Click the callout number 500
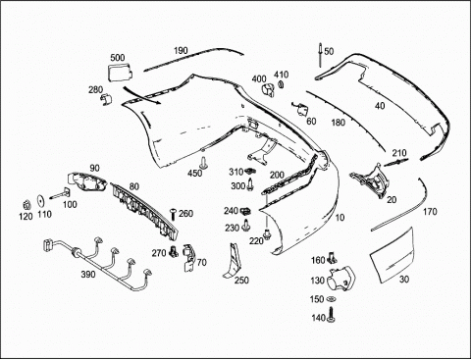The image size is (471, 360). pos(118,58)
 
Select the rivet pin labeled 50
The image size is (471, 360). pos(321,56)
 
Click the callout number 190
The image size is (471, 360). pos(181,51)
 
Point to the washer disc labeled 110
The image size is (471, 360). pos(41,201)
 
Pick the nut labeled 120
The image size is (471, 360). pos(26,205)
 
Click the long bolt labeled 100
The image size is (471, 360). pos(61,194)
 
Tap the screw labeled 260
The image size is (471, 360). pos(174,214)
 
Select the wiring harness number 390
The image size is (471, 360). pos(98,262)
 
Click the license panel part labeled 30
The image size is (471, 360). pos(392,255)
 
